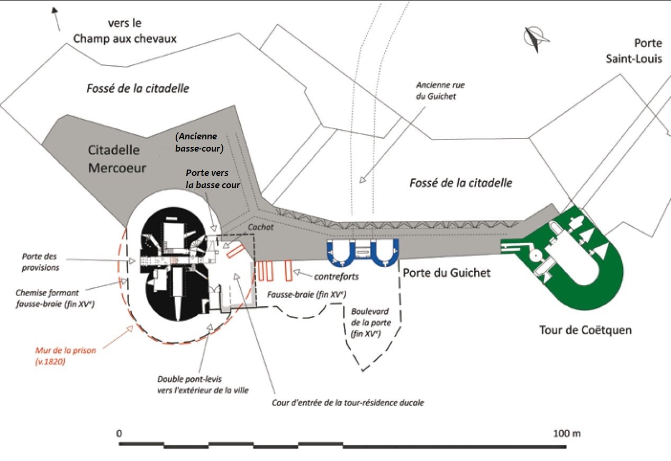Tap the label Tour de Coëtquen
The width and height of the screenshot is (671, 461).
click(x=585, y=330)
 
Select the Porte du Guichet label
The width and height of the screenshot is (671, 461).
click(x=447, y=273)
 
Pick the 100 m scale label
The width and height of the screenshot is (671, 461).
click(x=567, y=433)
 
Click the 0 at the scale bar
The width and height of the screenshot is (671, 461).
click(x=120, y=433)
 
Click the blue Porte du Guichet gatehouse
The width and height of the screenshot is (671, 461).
click(x=363, y=252)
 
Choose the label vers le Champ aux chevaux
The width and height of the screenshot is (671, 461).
click(x=124, y=31)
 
